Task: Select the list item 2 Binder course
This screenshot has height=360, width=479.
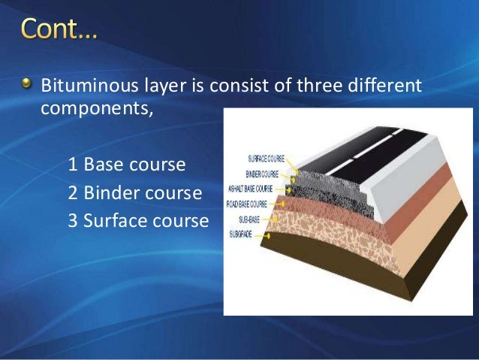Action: (x=134, y=193)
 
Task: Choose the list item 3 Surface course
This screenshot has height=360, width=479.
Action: (x=137, y=221)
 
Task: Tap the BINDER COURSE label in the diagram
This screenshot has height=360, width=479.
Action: (x=267, y=174)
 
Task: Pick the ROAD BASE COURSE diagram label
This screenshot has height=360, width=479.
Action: (x=255, y=204)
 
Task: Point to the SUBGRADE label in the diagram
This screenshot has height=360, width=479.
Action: (x=247, y=234)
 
